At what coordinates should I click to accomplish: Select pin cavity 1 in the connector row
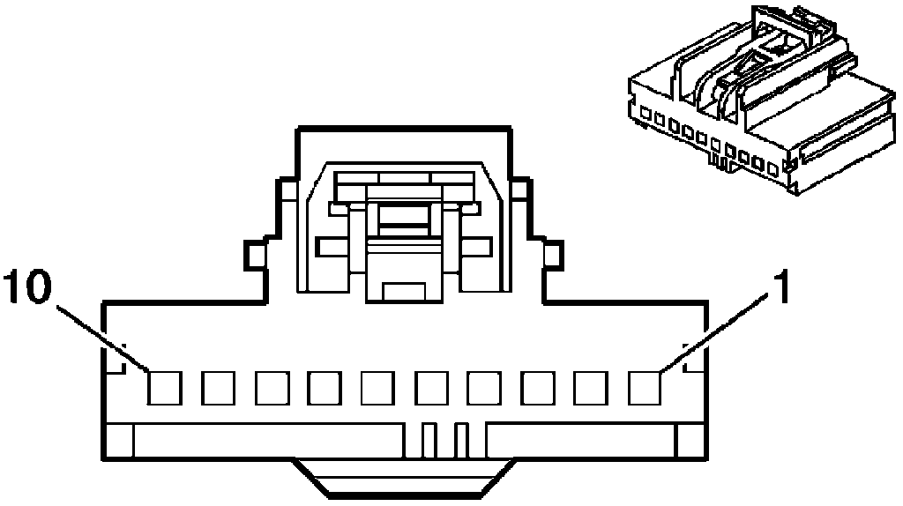646,386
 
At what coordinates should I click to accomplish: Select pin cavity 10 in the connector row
164,386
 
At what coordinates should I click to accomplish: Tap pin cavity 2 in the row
593,386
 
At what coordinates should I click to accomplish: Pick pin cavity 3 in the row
539,386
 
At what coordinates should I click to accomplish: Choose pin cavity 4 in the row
486,386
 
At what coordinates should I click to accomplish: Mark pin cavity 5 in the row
432,386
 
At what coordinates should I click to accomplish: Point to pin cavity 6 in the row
378,386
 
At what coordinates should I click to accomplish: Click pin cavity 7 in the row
325,386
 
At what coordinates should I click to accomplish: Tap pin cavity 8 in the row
272,386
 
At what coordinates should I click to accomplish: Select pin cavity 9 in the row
218,386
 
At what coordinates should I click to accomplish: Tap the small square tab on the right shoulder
552,256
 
